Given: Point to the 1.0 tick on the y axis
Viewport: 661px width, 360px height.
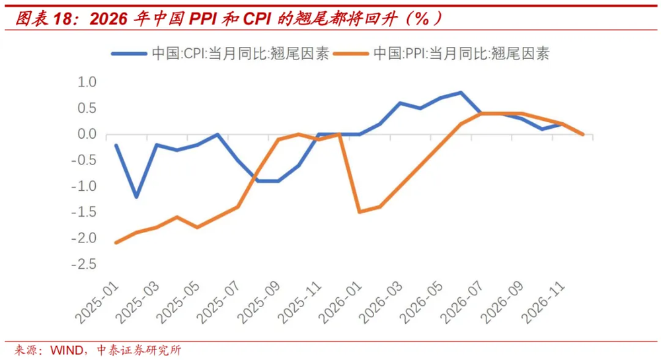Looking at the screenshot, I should point(87,82).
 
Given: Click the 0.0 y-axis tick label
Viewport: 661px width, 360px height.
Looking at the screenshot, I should point(87,134).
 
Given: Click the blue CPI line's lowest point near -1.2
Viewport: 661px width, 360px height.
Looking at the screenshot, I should point(137,197).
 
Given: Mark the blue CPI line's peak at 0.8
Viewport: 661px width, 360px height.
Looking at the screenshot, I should point(461,92).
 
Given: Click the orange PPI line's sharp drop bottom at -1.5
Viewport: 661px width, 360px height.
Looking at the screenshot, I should point(359,212).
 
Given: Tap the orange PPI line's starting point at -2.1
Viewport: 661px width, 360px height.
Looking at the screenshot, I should point(116,243).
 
